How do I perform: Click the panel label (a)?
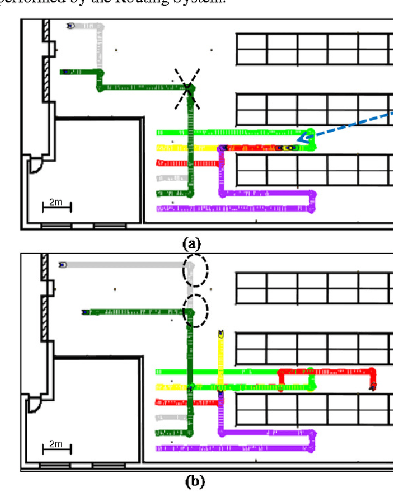[x=192, y=244]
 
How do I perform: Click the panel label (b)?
[x=195, y=481]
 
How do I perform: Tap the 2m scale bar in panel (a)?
[x=56, y=206]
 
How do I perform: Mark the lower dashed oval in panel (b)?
[x=195, y=310]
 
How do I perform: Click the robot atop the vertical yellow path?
[x=220, y=334]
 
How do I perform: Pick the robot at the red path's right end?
[x=373, y=386]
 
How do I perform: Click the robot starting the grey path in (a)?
[x=71, y=26]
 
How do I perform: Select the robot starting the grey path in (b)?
[x=63, y=265]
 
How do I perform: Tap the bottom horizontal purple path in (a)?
[x=233, y=209]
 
